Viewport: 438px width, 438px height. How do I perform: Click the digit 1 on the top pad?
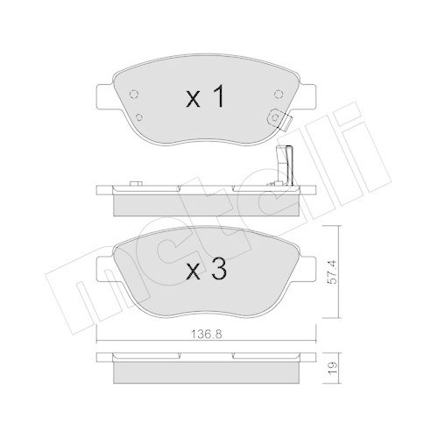click(x=219, y=98)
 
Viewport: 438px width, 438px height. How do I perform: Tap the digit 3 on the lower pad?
click(x=219, y=271)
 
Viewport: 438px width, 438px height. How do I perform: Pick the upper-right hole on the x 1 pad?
click(x=278, y=94)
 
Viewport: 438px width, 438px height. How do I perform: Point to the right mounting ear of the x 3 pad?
click(x=310, y=265)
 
